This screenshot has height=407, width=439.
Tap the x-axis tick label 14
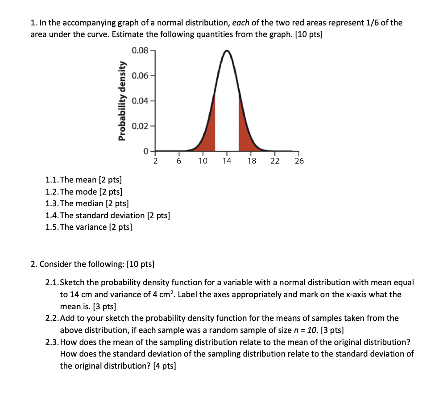coord(227,161)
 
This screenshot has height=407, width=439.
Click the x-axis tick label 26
coord(299,161)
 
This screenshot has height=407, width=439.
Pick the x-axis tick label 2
coord(155,161)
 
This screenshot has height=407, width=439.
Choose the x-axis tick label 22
coord(275,161)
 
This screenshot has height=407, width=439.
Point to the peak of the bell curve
coord(227,51)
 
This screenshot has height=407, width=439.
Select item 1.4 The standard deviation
coord(108,215)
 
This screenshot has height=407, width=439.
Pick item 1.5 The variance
coord(89,227)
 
